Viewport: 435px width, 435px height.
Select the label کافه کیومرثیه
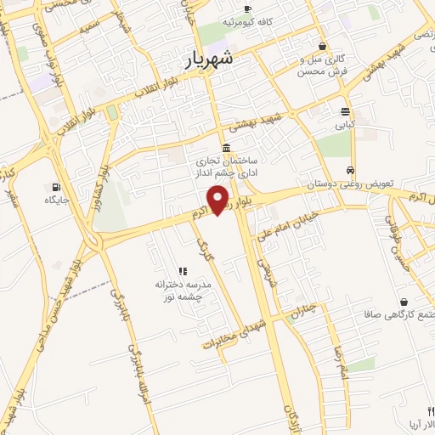(246, 22)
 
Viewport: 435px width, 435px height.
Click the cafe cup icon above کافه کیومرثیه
(247, 9)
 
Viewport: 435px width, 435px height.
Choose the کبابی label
(343, 124)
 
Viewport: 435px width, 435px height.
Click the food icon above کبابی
(345, 111)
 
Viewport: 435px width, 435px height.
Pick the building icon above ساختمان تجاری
(226, 147)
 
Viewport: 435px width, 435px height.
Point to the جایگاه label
(56, 200)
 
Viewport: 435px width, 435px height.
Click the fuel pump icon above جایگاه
(56, 187)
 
